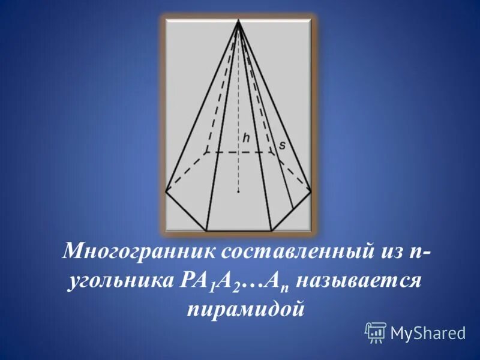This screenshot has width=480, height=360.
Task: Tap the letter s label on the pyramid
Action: [281, 145]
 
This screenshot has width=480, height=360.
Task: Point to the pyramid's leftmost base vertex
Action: [166, 192]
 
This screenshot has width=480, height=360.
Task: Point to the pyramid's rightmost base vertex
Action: [311, 192]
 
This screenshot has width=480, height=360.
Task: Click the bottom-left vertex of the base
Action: [206, 230]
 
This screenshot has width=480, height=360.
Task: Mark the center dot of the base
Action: [239, 192]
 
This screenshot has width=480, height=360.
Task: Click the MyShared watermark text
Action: [428, 332]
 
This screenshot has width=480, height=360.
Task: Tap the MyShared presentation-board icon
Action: [376, 332]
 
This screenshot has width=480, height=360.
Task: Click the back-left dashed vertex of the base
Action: [206, 152]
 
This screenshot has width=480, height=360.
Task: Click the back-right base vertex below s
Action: [275, 152]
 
